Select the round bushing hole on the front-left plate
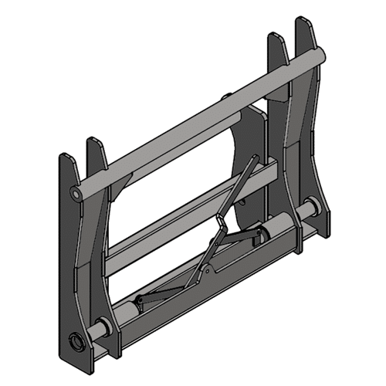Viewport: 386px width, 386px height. click(x=76, y=340)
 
